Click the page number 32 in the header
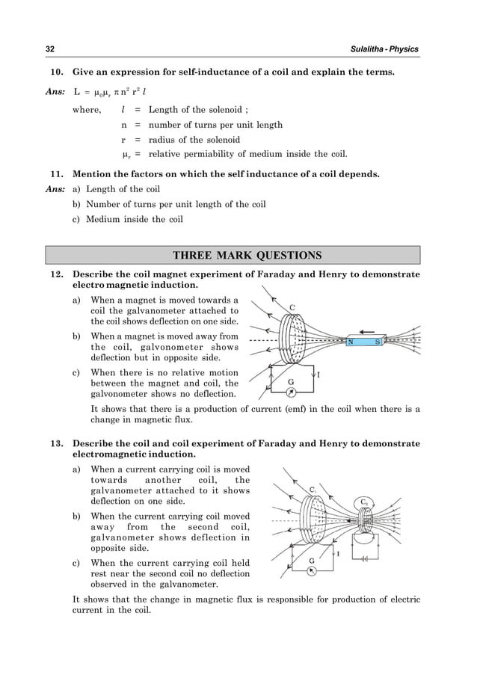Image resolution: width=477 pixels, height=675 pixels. click(x=51, y=49)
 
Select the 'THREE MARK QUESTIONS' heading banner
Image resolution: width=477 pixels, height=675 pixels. click(x=237, y=256)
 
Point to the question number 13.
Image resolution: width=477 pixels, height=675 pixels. click(x=55, y=444)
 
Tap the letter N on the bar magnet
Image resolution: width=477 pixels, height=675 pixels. click(x=350, y=342)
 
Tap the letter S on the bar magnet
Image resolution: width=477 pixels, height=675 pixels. click(x=378, y=342)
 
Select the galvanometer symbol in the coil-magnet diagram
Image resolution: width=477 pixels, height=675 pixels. click(x=292, y=391)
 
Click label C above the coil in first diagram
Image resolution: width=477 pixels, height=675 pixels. click(x=292, y=307)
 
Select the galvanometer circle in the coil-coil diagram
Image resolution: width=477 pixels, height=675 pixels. click(x=312, y=572)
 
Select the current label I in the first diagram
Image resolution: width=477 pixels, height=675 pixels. click(x=318, y=375)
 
